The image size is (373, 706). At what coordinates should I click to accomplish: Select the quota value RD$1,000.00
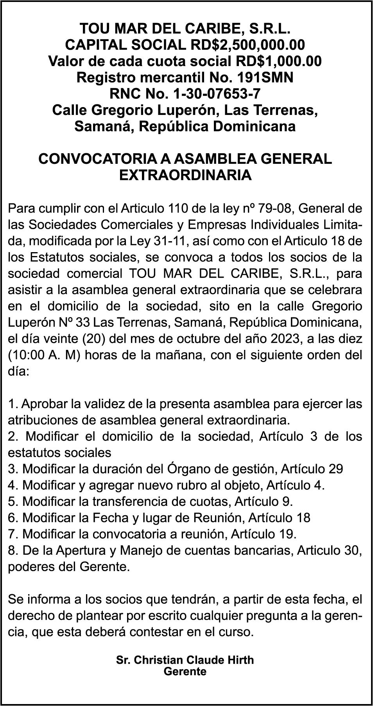[x=279, y=61]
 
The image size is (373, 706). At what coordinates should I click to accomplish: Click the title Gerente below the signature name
[x=185, y=672]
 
